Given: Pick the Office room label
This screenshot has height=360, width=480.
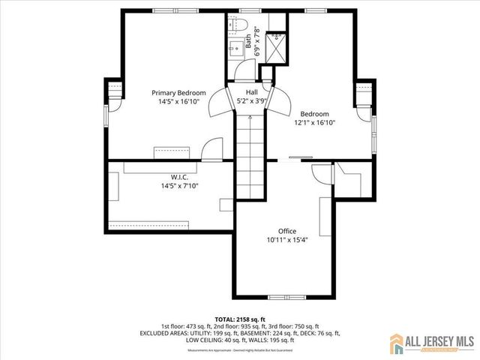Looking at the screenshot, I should coord(288,231).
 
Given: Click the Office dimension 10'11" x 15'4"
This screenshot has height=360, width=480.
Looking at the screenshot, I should coord(288,240).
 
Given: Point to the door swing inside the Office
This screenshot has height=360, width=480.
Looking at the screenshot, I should coord(320,172).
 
